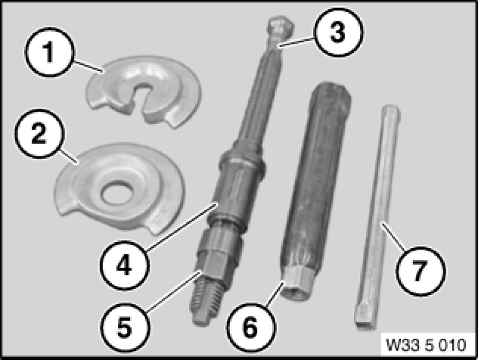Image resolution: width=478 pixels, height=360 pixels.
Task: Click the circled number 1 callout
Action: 49,52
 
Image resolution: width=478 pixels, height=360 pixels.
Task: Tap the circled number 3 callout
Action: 338,32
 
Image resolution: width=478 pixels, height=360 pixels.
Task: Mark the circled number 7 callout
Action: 420,270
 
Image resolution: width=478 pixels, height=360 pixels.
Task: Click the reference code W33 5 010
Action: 426,345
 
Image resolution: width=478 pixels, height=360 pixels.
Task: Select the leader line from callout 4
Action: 182,226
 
